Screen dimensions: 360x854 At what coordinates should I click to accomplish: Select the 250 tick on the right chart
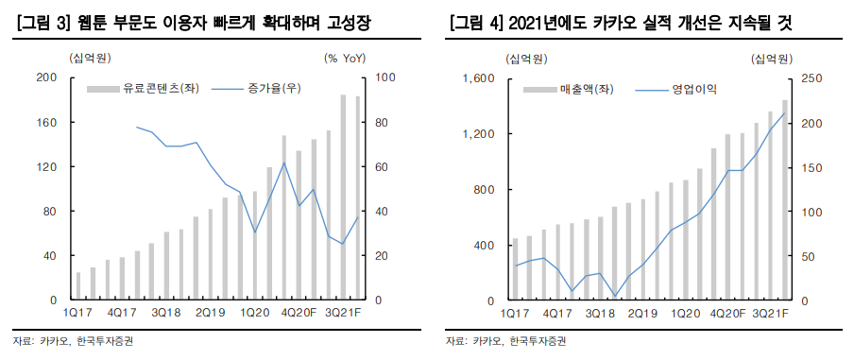pyautogui.click(x=811, y=77)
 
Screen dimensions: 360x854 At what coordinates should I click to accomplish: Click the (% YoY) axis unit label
pyautogui.click(x=349, y=59)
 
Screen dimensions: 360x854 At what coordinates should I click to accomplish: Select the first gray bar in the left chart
pyautogui.click(x=78, y=286)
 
